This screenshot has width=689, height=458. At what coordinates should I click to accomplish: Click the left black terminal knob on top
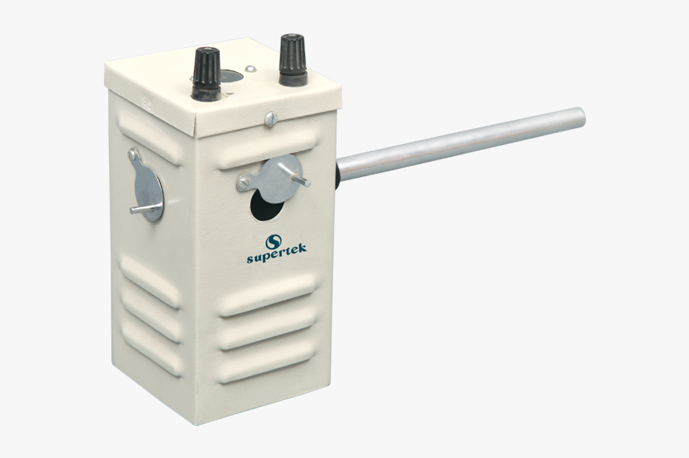coord(205,74)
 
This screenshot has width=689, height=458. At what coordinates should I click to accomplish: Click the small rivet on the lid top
coord(251,68)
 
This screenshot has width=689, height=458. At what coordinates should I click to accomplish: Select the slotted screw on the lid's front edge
coord(271,119)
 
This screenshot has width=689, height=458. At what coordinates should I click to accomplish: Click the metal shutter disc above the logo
coord(280,179)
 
